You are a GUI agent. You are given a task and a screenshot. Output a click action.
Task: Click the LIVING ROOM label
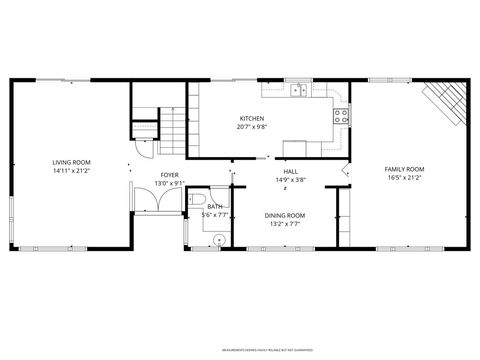71,161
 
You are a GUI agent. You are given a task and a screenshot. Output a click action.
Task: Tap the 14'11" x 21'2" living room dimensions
71,171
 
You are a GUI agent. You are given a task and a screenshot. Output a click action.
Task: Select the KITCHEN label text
251,118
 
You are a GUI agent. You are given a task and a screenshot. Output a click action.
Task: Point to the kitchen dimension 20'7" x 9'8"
251,127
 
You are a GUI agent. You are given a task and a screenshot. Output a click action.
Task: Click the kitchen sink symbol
298,91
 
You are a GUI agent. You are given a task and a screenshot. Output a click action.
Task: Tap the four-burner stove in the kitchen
341,114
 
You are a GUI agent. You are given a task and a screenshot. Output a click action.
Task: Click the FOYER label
169,175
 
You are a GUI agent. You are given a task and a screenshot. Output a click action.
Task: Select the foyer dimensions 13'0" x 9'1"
169,184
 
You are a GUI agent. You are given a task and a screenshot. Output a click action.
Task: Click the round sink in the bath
220,239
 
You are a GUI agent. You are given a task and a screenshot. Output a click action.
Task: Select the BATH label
215,206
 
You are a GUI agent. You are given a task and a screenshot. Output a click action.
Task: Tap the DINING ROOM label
284,216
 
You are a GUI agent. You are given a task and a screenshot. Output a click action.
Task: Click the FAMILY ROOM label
405,169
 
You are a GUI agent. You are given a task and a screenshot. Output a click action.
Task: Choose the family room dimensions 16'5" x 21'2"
405,179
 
